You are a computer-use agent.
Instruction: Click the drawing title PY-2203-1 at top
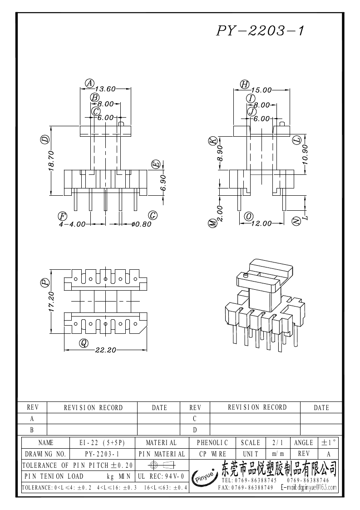[260, 30]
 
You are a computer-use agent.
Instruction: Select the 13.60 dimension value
[105, 89]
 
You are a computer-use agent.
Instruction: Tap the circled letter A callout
[90, 83]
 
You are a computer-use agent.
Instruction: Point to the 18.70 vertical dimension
[51, 160]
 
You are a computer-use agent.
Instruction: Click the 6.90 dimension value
[163, 183]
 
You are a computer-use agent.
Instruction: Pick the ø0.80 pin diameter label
[142, 224]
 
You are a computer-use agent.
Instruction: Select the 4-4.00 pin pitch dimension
[72, 224]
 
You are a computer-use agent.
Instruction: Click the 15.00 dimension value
[261, 90]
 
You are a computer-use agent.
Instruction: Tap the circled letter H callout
[245, 84]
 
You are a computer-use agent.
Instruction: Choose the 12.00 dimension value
[261, 223]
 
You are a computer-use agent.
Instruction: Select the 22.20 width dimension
[105, 350]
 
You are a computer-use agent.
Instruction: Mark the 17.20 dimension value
[51, 302]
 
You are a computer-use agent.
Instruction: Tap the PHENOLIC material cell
[212, 443]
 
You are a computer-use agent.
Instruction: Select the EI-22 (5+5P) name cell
[103, 443]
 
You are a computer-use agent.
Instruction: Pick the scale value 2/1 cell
[278, 443]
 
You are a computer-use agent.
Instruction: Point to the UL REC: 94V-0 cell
[161, 476]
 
